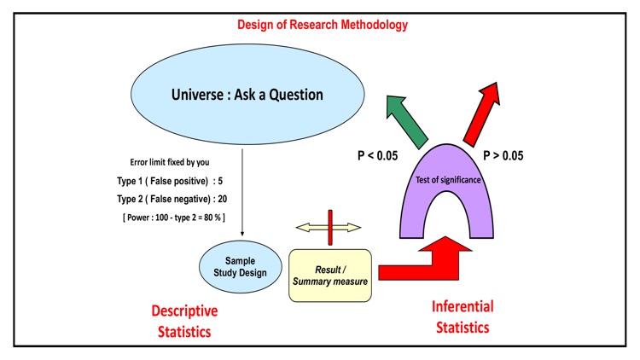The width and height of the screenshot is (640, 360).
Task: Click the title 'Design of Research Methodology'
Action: pos(322,25)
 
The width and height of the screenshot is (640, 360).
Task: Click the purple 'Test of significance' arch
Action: pos(447,181)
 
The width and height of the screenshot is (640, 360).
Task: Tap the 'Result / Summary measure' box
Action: pos(330,276)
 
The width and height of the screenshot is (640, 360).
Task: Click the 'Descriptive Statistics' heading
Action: pos(183,321)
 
